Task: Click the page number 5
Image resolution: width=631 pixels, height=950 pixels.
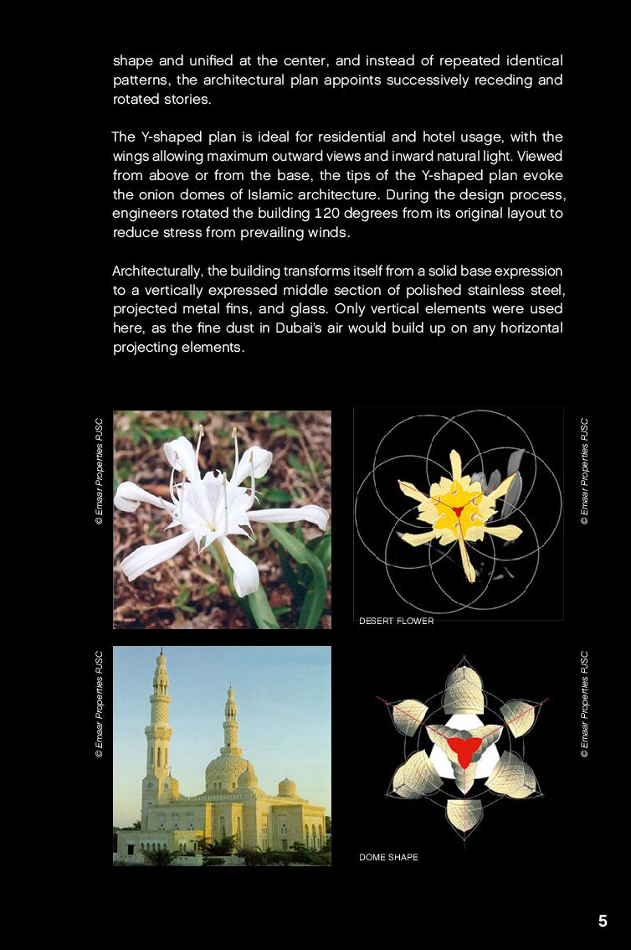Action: (603, 922)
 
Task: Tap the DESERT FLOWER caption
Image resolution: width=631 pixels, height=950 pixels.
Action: (396, 621)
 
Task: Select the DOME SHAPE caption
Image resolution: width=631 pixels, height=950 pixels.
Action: (388, 857)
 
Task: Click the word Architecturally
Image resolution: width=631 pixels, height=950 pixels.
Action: (158, 271)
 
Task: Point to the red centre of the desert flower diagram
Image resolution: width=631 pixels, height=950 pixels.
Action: (458, 509)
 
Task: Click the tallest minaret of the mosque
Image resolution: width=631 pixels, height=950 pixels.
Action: (160, 720)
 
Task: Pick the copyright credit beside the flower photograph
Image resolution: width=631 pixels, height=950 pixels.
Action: (99, 471)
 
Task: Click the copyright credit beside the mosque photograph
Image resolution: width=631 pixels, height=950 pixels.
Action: (99, 704)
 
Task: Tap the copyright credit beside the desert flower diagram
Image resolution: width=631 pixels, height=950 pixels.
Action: (584, 471)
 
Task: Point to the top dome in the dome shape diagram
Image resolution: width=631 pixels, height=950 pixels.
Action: (463, 687)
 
